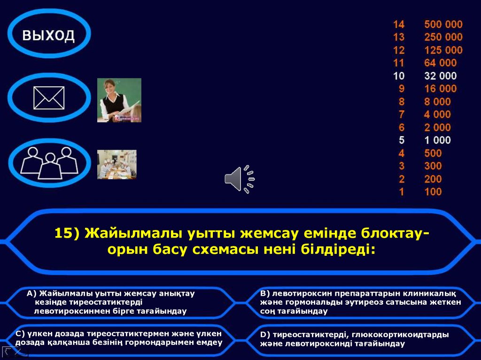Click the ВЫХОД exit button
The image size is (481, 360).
49,35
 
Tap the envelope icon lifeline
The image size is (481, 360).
49,98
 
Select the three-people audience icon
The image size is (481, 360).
49,162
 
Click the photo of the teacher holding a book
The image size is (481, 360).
119,100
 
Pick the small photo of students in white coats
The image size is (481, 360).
116,164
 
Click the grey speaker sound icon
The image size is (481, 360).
239,179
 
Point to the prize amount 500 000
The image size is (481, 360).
443,24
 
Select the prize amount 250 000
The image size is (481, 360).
443,37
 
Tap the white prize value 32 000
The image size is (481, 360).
440,76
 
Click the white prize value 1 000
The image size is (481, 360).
437,140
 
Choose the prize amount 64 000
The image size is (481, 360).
440,63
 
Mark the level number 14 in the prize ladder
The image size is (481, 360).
399,24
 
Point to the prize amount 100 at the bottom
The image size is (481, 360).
433,191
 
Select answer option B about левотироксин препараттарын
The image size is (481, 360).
360,302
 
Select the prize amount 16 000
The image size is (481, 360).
440,89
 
